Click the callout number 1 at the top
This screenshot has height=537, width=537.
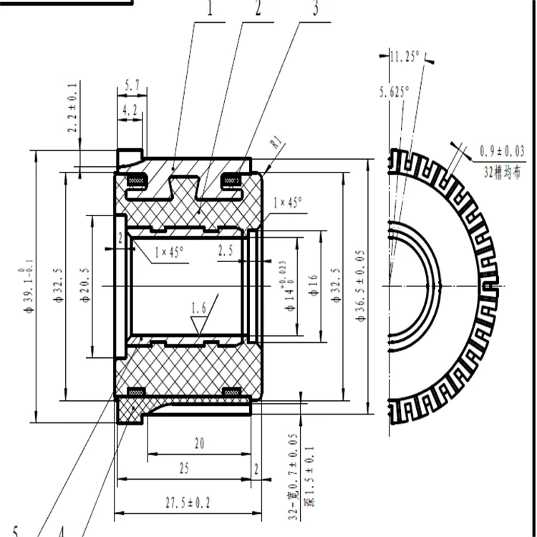tap(211, 9)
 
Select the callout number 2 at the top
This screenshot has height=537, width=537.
tap(257, 9)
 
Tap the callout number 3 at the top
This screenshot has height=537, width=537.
tap(315, 9)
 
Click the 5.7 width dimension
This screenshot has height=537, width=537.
tap(132, 86)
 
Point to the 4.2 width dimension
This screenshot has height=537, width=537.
tap(130, 111)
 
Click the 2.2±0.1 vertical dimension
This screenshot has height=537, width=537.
tap(72, 108)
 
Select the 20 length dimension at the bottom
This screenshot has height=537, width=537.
tap(199, 444)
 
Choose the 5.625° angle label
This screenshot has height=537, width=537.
tap(395, 92)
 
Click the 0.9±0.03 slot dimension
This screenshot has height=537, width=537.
tap(501, 151)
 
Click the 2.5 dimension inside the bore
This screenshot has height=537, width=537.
tap(226, 251)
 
